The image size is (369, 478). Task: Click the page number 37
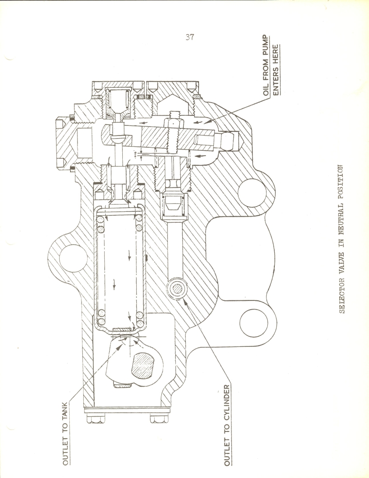point(189,37)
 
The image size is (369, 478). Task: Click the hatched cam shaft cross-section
point(142,365)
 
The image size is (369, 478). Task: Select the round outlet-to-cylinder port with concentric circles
point(176,289)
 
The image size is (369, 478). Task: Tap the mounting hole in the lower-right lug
point(254,323)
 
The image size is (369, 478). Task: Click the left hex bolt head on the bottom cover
point(96,418)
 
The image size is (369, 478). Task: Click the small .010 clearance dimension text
point(135,153)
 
